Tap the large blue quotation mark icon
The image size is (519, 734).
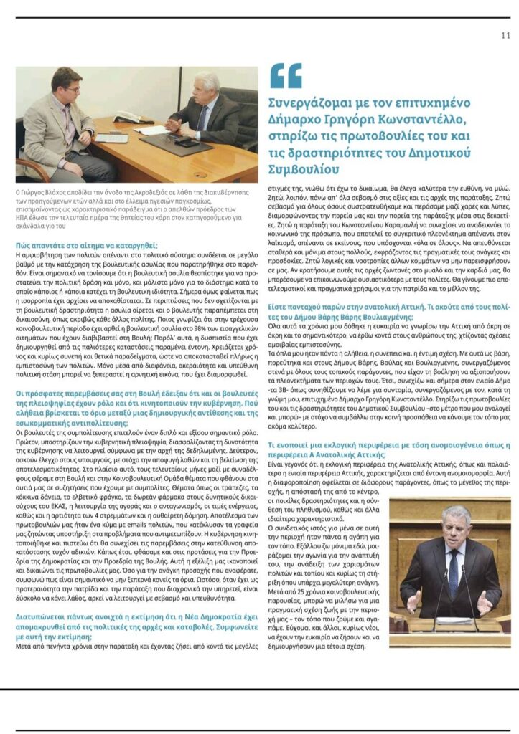285,75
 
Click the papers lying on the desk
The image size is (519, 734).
154,130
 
